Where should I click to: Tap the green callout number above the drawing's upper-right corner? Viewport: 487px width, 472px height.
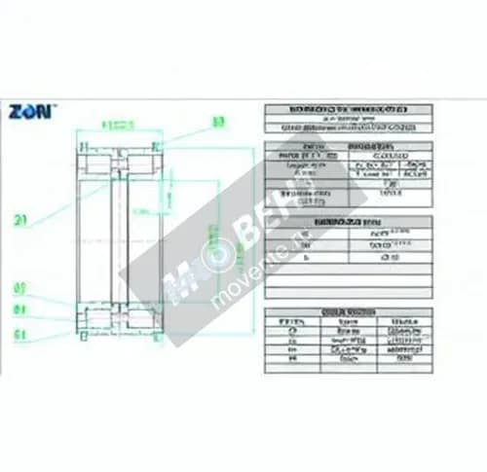217,123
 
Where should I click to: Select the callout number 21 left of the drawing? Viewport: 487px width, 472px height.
19,220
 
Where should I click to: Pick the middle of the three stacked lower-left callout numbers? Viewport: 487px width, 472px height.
19,310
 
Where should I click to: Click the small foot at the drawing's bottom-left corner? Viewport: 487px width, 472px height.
84,338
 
